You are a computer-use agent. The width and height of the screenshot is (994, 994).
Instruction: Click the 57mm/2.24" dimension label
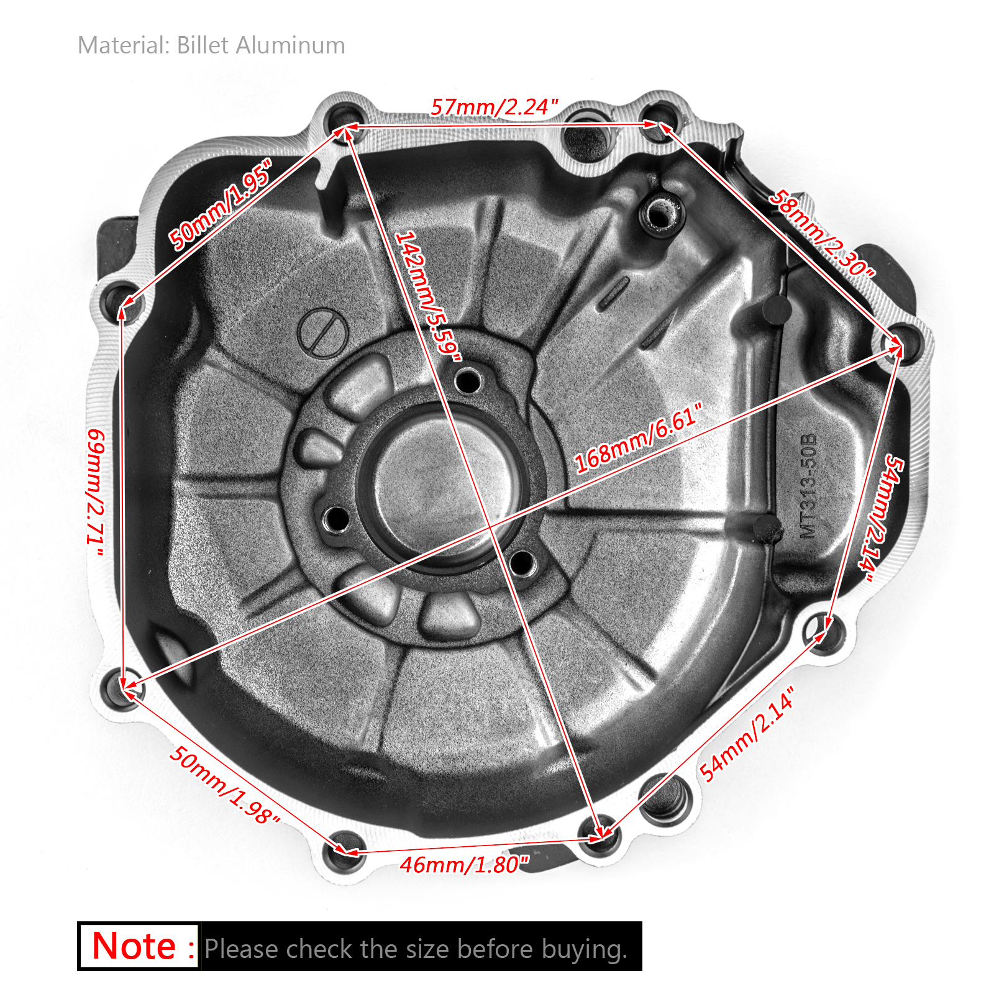coord(495,107)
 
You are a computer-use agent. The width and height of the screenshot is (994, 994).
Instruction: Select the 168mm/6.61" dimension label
coord(638,438)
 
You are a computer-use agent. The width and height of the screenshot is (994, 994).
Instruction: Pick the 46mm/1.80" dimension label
coord(464,864)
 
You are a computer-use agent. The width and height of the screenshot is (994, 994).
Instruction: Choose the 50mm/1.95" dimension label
coord(221,204)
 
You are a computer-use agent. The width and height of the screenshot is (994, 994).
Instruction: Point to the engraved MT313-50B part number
coord(808,485)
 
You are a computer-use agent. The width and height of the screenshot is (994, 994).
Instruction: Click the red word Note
coord(134,946)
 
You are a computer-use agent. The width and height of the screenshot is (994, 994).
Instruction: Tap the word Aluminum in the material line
coord(290,45)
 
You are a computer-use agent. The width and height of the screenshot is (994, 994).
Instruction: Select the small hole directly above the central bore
coord(467,380)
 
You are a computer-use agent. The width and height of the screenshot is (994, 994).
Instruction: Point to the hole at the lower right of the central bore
coord(522,563)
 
